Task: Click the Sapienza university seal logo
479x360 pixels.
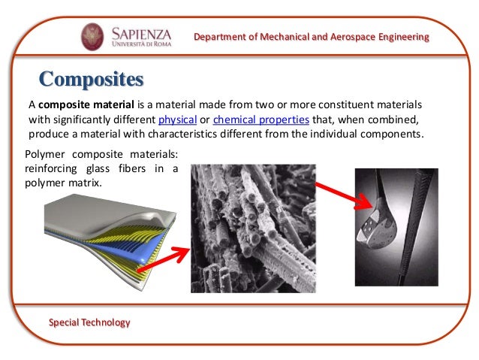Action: click(x=93, y=36)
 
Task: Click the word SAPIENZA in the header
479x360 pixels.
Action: click(x=142, y=32)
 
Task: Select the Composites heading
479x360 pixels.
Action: click(x=91, y=78)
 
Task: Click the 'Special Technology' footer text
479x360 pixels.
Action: click(x=89, y=322)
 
